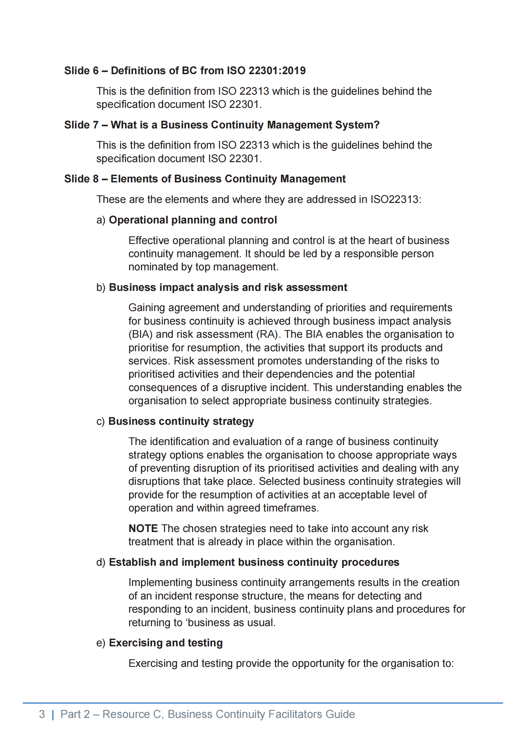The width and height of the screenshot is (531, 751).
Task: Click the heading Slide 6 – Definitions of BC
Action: (x=185, y=71)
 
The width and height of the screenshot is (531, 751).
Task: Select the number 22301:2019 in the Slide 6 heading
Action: (x=277, y=71)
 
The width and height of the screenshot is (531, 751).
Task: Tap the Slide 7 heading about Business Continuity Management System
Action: (x=222, y=125)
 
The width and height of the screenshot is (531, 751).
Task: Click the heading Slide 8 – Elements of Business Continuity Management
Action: (x=205, y=179)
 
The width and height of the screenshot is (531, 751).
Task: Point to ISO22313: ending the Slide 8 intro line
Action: (x=396, y=199)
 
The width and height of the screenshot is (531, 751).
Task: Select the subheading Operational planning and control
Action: (x=193, y=220)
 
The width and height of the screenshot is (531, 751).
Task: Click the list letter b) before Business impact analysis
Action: (x=101, y=287)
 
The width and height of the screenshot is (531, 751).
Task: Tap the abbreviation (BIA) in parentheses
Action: (x=140, y=334)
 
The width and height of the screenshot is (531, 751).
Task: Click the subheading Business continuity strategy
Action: (x=181, y=421)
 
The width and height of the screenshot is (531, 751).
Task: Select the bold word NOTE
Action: (x=143, y=528)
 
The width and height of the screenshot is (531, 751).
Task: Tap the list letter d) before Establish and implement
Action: (x=101, y=562)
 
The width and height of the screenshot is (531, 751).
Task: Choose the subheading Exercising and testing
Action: (x=165, y=643)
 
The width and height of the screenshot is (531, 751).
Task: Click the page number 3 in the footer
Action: (x=42, y=714)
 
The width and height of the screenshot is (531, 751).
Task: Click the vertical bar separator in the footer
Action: (x=53, y=715)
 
